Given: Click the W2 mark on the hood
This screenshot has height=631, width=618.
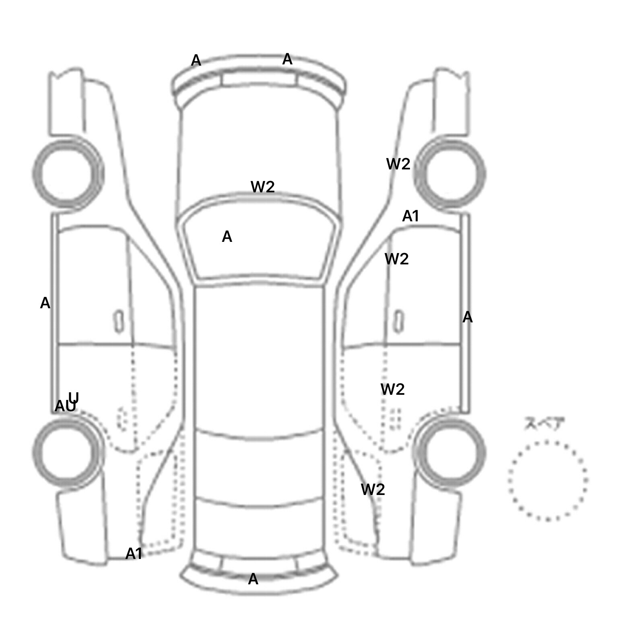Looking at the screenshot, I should (262, 187).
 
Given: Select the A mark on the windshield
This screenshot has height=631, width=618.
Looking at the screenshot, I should (227, 237).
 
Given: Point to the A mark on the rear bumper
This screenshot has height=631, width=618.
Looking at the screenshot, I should (253, 579).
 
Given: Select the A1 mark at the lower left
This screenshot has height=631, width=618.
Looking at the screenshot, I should (134, 554).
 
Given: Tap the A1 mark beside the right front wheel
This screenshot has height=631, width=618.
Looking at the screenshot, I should (411, 216).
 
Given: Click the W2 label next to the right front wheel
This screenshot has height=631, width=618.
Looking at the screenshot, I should (398, 164).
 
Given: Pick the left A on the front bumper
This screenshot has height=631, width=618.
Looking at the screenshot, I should (196, 60).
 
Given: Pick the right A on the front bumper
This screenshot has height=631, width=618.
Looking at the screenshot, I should (287, 59).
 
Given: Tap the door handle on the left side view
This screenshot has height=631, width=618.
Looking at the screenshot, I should (119, 321).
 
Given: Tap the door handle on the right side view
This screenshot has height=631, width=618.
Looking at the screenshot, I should (398, 321).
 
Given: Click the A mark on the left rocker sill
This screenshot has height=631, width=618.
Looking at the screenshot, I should (45, 303).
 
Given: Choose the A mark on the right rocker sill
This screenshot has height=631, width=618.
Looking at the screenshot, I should (467, 317).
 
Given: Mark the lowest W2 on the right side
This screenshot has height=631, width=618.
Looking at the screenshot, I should (373, 489).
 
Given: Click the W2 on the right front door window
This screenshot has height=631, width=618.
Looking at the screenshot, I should (396, 259).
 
